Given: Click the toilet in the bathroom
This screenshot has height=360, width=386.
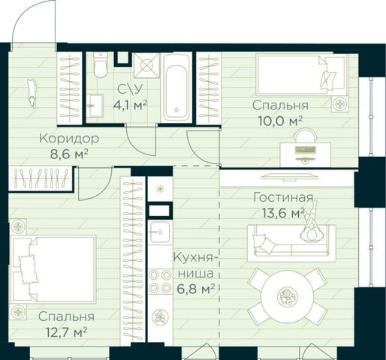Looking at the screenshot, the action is coord(101,64).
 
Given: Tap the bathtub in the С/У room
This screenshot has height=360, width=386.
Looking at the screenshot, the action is coord(176,88).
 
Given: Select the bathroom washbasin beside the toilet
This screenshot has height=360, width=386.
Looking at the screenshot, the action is coord(95,106).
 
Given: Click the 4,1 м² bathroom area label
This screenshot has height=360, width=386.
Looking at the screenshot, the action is coord(130,106).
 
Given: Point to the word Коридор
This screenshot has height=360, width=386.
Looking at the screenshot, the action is coord(69,139).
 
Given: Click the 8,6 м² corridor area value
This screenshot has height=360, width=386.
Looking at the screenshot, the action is coord(69,154).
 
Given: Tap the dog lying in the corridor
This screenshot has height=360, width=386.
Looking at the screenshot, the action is coord(32,92).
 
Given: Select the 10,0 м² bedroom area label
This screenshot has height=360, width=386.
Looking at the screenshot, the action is coord(280,121).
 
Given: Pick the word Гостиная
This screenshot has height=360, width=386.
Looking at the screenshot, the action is coord(283,197).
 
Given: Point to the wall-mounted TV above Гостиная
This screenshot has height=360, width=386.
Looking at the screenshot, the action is coord(290,177).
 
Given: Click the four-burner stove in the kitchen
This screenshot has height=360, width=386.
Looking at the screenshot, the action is coord(160,281).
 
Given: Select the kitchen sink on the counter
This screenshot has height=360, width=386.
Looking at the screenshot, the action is coord(160,232).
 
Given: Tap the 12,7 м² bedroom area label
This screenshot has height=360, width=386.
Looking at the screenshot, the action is coord(66,332).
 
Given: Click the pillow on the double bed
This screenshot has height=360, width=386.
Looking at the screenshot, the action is coord(28,269).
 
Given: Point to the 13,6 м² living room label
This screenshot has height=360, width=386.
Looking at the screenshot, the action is coord(283,213).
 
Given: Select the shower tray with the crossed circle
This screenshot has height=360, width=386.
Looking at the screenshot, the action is coord(146,65).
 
